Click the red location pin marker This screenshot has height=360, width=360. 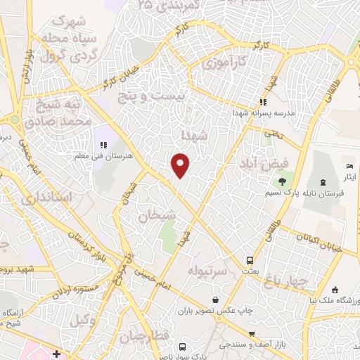tap(181, 165)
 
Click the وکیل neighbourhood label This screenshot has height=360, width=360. tap(84, 319)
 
